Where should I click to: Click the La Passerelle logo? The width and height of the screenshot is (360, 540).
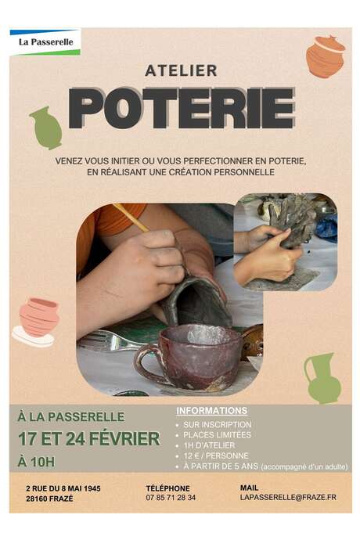pyautogui.click(x=45, y=41)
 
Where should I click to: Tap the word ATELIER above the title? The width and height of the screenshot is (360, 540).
pyautogui.click(x=181, y=70)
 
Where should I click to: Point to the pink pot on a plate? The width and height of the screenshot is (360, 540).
pyautogui.click(x=36, y=320)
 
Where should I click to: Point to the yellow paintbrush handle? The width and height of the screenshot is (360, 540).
pyautogui.click(x=130, y=217)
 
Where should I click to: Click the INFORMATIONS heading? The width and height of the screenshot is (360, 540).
pyautogui.click(x=212, y=411)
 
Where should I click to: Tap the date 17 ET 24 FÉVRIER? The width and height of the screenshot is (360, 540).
pyautogui.click(x=88, y=438)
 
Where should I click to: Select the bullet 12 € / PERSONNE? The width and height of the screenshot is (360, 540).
pyautogui.click(x=216, y=455)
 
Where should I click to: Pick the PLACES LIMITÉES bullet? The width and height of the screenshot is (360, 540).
pyautogui.click(x=218, y=434)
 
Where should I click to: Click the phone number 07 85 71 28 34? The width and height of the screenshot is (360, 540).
pyautogui.click(x=171, y=497)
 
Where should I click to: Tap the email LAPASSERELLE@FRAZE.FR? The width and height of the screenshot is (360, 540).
pyautogui.click(x=288, y=497)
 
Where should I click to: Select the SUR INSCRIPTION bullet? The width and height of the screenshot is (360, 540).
pyautogui.click(x=218, y=424)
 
